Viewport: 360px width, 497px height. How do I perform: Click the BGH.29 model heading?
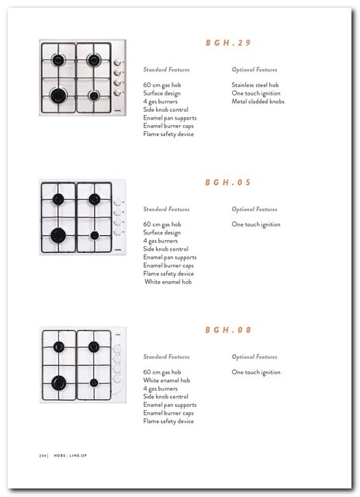point(228,43)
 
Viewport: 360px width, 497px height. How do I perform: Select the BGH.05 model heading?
point(228,182)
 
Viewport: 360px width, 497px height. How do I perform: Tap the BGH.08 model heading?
point(228,330)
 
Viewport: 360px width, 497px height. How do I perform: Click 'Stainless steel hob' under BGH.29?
point(255,85)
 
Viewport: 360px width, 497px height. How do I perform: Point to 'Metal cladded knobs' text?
point(258,102)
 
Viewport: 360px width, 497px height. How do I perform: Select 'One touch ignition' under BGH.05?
point(256,224)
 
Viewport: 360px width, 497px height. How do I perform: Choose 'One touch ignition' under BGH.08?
point(256,372)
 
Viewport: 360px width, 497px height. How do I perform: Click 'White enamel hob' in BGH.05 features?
point(168,282)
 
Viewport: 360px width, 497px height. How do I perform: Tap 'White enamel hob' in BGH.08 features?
point(167,381)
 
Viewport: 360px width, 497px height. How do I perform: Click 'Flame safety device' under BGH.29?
point(168,134)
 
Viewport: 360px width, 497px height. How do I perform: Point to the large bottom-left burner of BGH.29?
point(58,96)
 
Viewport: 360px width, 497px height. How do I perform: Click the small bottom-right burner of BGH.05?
point(95,235)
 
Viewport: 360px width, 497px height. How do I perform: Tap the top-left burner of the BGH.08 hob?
point(58,347)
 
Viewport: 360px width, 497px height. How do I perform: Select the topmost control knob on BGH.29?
point(117,62)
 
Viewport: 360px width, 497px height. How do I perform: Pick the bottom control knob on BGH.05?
point(117,232)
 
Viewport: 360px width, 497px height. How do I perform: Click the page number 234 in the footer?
point(43,456)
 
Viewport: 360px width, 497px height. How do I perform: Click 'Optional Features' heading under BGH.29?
point(254,70)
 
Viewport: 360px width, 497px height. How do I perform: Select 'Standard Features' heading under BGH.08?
point(166,357)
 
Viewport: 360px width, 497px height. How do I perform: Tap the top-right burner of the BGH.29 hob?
point(94,60)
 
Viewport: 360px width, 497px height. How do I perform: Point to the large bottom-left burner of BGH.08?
point(58,383)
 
